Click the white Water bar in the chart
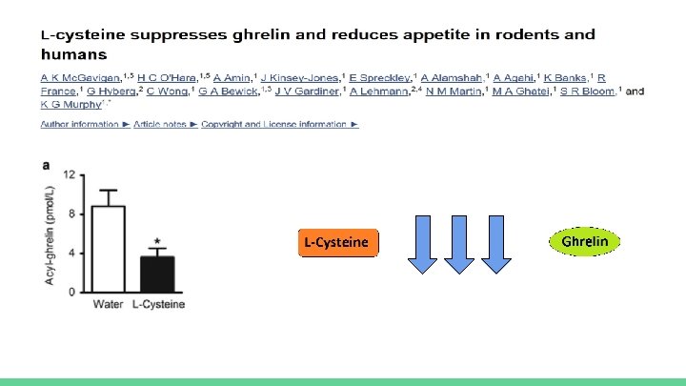coord(109,249)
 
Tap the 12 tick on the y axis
coord(69,175)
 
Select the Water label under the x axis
coord(108,305)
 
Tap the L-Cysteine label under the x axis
coord(158,305)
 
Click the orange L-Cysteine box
coord(336,243)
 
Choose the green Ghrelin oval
coord(584,242)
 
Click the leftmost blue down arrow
coord(422,243)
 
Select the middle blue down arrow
coord(459,243)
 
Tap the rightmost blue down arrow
coord(495,243)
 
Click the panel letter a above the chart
coord(45,165)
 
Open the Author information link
coord(80,125)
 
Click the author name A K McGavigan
coord(74,76)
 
